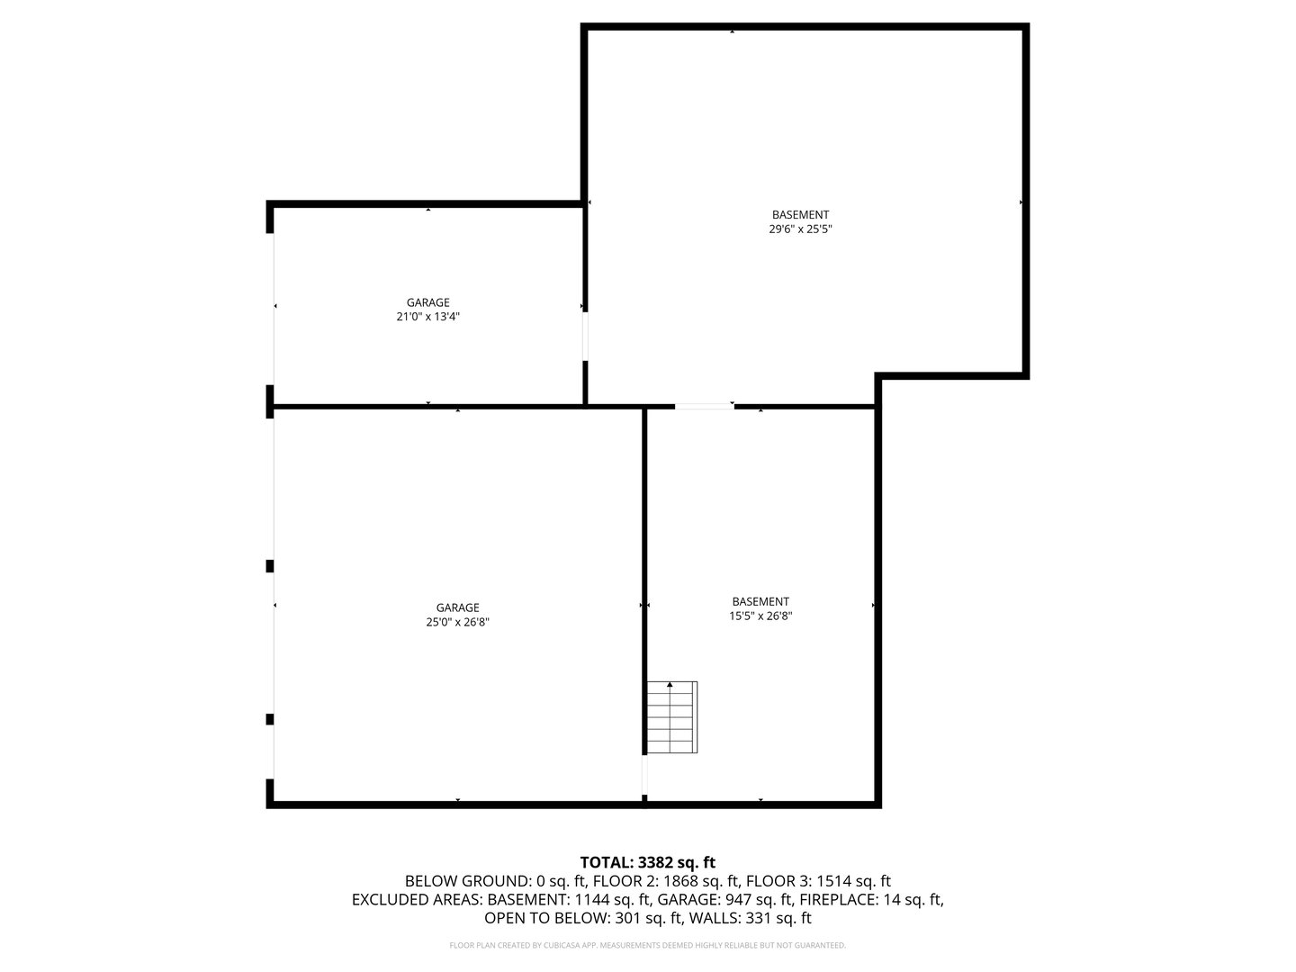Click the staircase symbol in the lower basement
[x=671, y=717]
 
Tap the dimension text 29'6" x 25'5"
[x=800, y=229]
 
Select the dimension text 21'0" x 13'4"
[x=427, y=317]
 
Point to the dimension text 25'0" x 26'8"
[x=457, y=622]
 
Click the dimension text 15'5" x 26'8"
[x=760, y=616]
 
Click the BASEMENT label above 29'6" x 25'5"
[x=800, y=214]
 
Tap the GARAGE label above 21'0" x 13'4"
[x=427, y=302]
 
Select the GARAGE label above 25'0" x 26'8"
[x=457, y=607]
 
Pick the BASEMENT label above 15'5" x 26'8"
[x=760, y=601]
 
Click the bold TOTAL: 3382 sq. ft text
[x=647, y=862]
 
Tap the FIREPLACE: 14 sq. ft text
[x=870, y=899]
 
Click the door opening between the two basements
[x=704, y=407]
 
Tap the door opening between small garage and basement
[x=585, y=337]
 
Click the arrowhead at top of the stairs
[x=670, y=685]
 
